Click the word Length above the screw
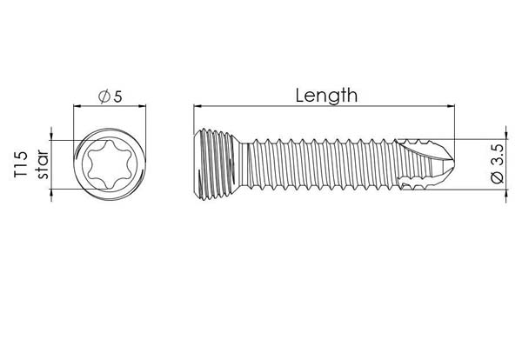pos(326,96)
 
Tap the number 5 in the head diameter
pos(118,97)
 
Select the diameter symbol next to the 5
pos(104,97)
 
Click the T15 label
pos(21,164)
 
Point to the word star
pos(43,164)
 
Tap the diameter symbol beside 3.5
pos(498,177)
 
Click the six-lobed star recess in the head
pos(110,164)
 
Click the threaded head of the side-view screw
pos(216,164)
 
